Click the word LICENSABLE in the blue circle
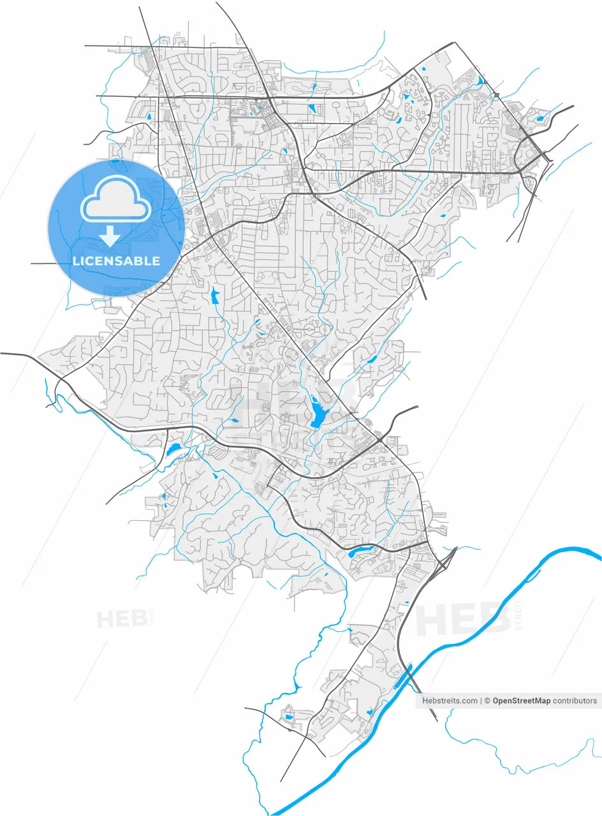tap(116, 261)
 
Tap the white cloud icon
tap(115, 200)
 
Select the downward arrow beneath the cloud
tap(110, 235)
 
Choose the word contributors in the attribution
tap(575, 701)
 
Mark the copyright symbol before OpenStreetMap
tap(487, 701)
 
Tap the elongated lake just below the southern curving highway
tap(356, 553)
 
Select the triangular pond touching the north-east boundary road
tap(480, 81)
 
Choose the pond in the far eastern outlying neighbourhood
tap(541, 119)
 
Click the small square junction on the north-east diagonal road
tap(496, 95)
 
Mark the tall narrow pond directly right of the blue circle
tap(215, 296)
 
